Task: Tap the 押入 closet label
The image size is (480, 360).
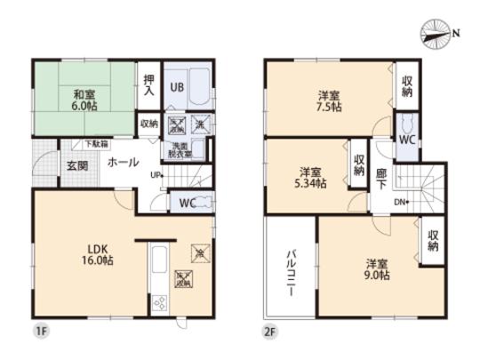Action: tap(149, 85)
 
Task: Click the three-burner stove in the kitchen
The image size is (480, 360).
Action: tap(162, 302)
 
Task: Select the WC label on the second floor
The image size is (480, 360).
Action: tap(406, 140)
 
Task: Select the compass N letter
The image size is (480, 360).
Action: tap(458, 33)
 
